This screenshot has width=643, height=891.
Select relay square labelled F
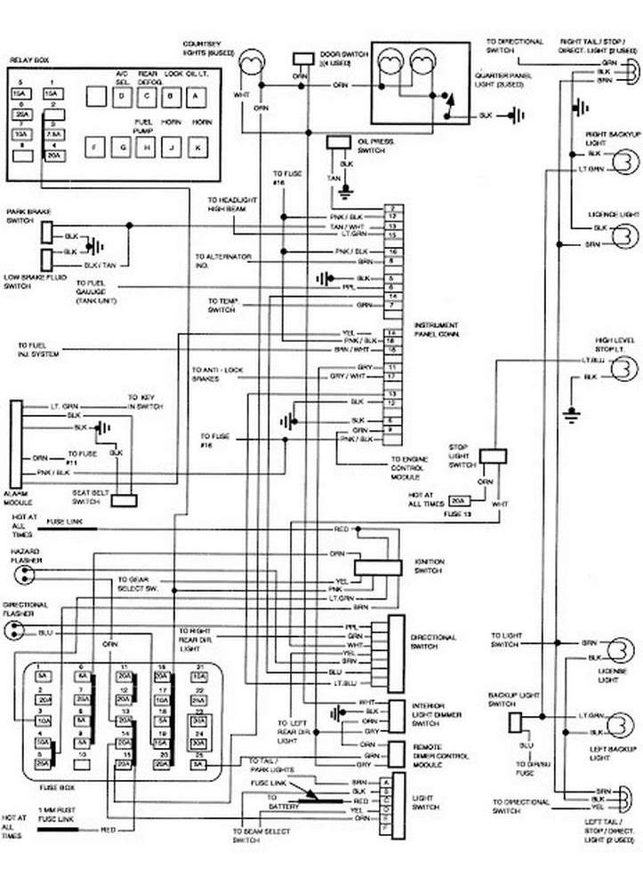point(96,146)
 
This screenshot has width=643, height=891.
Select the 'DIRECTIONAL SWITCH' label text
point(433,641)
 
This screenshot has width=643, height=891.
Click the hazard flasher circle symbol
point(18,573)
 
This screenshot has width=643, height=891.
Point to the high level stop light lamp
point(622,368)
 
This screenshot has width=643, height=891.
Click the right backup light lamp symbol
point(625,161)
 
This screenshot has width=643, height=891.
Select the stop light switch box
point(492,457)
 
